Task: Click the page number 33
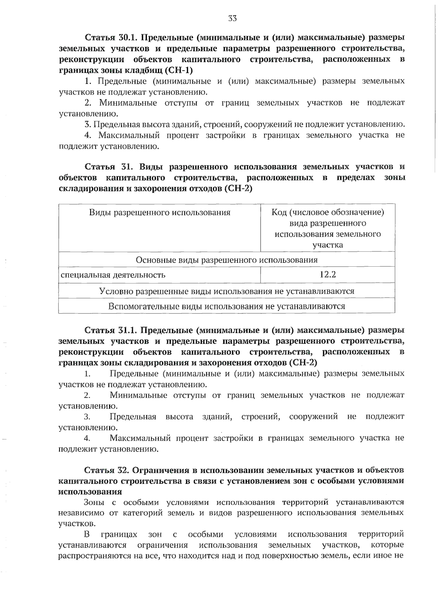coord(232,19)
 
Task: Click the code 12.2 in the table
coord(327,274)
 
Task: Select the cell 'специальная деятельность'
coord(113,275)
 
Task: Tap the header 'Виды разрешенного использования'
coord(160,212)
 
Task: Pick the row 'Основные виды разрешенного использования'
coord(226,260)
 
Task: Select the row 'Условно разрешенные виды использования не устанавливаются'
coord(226,291)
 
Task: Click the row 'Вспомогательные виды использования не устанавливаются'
coord(226,306)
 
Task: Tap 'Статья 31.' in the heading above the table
coord(105,167)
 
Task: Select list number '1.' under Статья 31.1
coord(87,374)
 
